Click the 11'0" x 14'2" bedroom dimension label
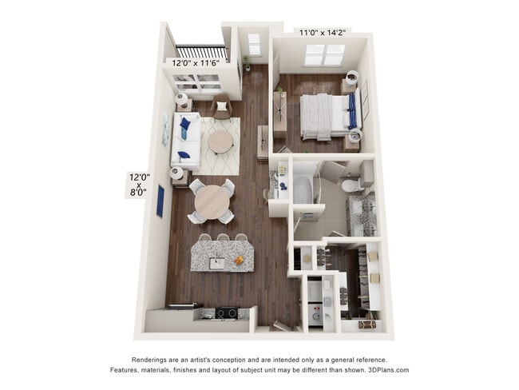323,33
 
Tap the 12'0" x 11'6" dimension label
196,62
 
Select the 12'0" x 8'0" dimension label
139,185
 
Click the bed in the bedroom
330,117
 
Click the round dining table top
212,201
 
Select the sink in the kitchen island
217,264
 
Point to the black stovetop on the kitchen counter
227,312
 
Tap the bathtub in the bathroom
303,189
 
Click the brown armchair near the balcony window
221,107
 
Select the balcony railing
202,54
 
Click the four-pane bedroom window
325,54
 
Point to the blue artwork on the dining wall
160,201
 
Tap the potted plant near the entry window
247,63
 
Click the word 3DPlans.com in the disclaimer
389,370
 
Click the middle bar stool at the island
224,237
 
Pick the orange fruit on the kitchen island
239,260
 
